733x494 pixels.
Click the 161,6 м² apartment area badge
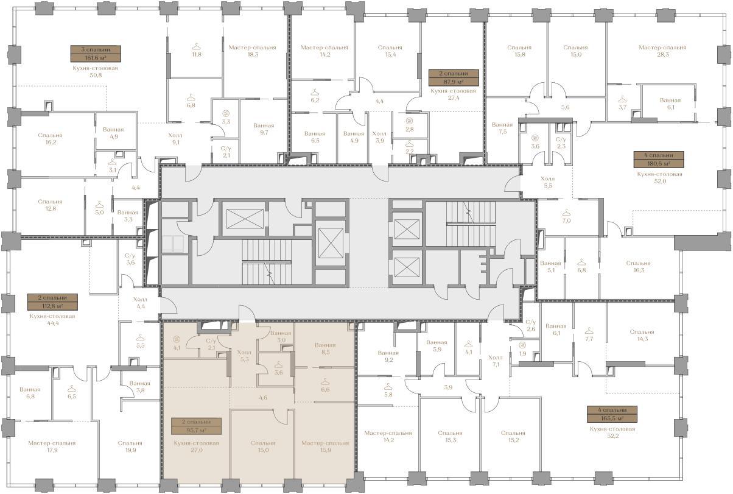tap(96, 54)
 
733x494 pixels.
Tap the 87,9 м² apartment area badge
tap(454, 77)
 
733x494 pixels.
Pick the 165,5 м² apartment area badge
tap(612, 414)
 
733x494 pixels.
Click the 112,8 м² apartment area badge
tap(53, 302)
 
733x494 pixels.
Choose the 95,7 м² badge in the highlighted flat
tap(196, 426)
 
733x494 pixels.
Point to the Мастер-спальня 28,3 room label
tap(662, 51)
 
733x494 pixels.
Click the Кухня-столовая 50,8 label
tap(95, 72)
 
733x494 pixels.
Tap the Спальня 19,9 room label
tap(130, 446)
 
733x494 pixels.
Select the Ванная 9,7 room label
tap(264, 129)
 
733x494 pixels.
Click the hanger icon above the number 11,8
tap(196, 47)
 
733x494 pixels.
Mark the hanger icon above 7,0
tap(566, 212)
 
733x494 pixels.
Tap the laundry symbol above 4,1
tap(177, 339)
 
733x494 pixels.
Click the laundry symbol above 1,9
tap(522, 345)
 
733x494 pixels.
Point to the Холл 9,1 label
tap(175, 139)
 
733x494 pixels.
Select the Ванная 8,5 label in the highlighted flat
tap(325, 348)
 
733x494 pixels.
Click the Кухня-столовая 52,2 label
tap(612, 432)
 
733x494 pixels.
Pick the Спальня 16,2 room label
tap(50, 139)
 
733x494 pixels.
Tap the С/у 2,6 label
tap(531, 326)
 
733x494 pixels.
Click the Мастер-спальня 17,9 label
tap(52, 446)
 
